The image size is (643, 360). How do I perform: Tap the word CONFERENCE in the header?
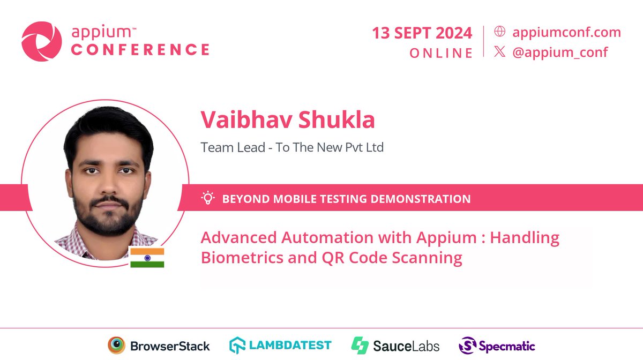click(140, 50)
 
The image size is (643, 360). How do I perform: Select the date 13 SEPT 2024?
click(422, 33)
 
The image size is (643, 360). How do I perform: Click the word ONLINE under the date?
click(441, 53)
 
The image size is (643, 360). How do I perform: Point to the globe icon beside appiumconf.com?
click(499, 32)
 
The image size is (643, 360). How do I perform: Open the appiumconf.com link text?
click(566, 32)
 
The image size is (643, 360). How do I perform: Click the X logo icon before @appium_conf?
click(499, 52)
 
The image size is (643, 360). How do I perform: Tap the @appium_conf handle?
click(560, 52)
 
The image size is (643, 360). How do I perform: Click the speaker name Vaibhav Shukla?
click(288, 120)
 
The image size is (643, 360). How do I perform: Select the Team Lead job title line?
click(292, 147)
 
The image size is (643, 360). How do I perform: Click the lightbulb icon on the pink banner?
click(207, 199)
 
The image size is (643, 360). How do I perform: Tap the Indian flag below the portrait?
click(147, 257)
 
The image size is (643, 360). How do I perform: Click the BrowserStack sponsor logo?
click(159, 346)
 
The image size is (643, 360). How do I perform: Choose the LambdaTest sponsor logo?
click(280, 346)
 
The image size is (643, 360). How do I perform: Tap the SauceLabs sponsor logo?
click(395, 346)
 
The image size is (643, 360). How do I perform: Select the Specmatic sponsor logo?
click(497, 346)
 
